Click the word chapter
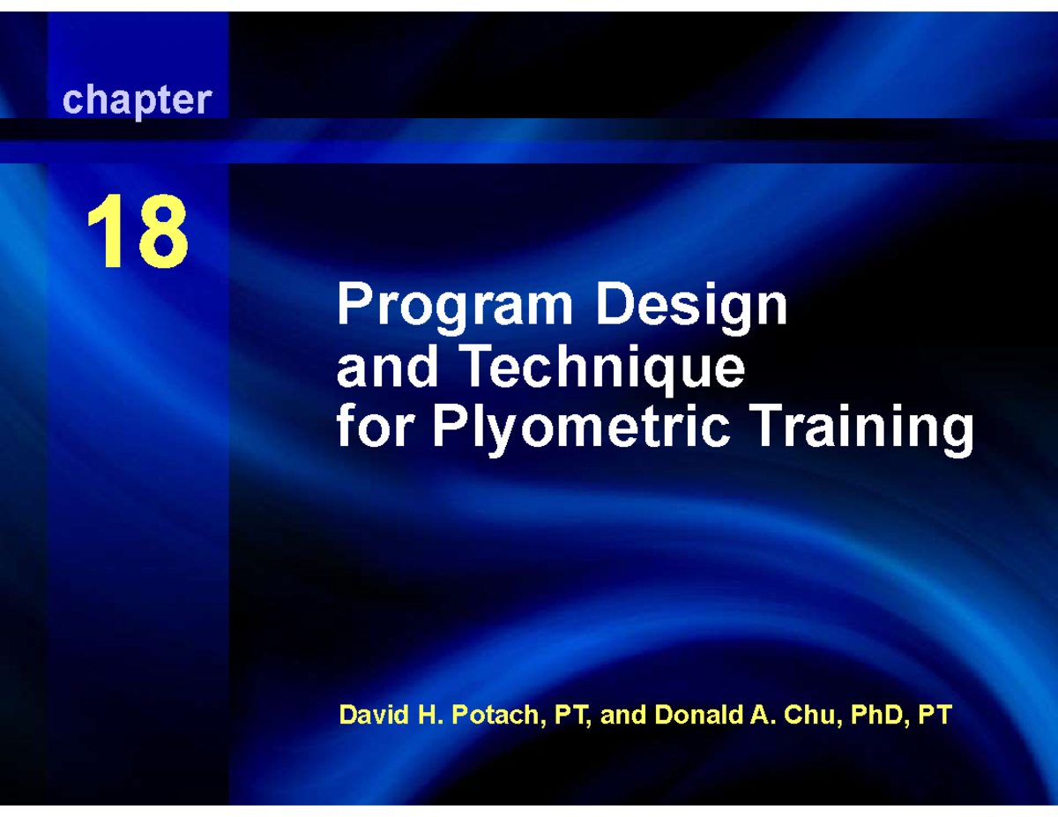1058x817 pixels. [137, 101]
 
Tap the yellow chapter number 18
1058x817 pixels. [137, 234]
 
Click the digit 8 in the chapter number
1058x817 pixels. [160, 234]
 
